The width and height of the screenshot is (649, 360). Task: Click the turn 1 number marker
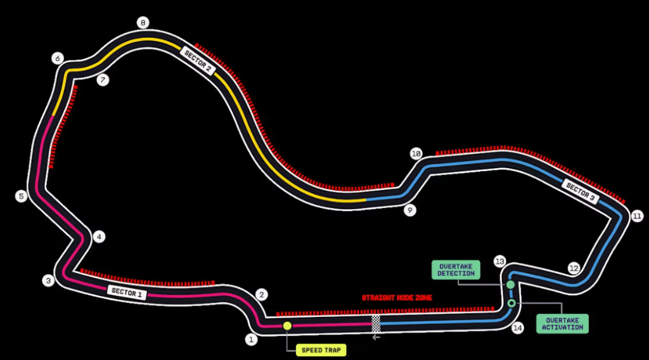pyautogui.click(x=252, y=339)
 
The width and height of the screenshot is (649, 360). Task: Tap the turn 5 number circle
pyautogui.click(x=21, y=196)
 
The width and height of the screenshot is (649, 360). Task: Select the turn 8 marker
pyautogui.click(x=143, y=23)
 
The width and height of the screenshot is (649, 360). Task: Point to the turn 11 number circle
pyautogui.click(x=637, y=216)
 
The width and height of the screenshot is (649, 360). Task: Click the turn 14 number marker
pyautogui.click(x=518, y=328)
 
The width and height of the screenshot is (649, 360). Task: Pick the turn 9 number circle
pyautogui.click(x=410, y=210)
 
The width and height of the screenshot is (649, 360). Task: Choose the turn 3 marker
pyautogui.click(x=48, y=280)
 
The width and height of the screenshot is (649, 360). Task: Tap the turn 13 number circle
pyautogui.click(x=500, y=261)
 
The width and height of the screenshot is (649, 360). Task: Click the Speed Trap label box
pyautogui.click(x=321, y=350)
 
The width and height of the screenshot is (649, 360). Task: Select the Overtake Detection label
pyautogui.click(x=456, y=270)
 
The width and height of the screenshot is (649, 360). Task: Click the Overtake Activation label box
pyautogui.click(x=562, y=324)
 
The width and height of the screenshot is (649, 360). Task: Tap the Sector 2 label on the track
pyautogui.click(x=198, y=61)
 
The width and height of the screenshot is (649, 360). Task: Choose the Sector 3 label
pyautogui.click(x=580, y=191)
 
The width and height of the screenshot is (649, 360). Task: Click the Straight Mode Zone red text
pyautogui.click(x=397, y=297)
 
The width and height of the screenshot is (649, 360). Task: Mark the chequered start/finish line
pyautogui.click(x=376, y=324)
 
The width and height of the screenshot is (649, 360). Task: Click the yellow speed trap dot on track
pyautogui.click(x=287, y=326)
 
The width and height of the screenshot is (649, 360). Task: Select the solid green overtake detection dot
pyautogui.click(x=510, y=285)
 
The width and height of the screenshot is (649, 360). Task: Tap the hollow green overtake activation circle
pyautogui.click(x=511, y=304)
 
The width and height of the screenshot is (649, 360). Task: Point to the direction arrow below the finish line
pyautogui.click(x=376, y=337)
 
